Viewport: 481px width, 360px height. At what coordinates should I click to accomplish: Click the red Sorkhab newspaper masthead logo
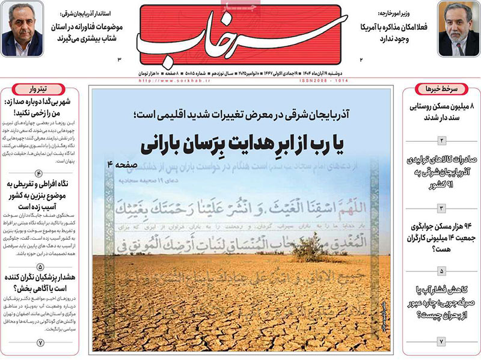point(240,35)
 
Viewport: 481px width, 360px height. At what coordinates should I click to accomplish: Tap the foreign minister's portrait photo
point(458,28)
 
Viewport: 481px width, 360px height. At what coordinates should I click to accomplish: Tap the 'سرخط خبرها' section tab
point(440,89)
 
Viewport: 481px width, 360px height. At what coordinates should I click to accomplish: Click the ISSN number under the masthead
point(322,80)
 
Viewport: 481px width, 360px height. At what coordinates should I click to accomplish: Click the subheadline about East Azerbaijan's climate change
point(240,114)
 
